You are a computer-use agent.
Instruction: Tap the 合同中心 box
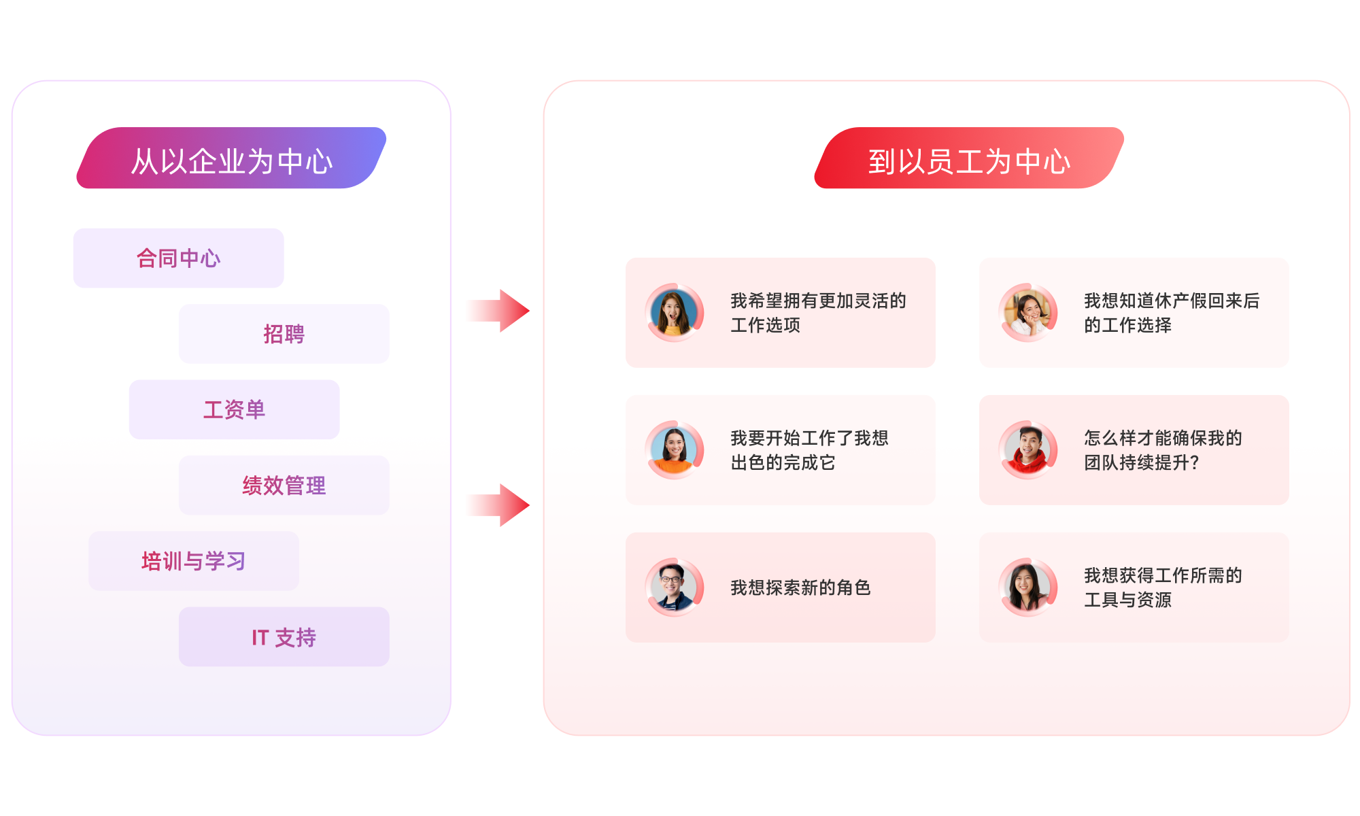pos(178,258)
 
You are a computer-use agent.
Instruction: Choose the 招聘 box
pos(284,334)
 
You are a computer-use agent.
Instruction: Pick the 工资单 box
pos(234,409)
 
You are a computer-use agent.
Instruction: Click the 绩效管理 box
pos(284,486)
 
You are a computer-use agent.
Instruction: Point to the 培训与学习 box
pos(193,561)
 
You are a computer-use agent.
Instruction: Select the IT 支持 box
pos(284,637)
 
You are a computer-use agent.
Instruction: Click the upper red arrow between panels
pos(499,311)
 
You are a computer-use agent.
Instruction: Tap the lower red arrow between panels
pos(499,505)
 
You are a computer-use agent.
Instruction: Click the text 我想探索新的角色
pos(800,588)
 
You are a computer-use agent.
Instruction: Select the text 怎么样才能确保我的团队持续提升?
pos(1163,450)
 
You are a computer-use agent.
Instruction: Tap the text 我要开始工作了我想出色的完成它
pos(809,450)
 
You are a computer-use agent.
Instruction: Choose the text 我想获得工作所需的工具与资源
pos(1163,588)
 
